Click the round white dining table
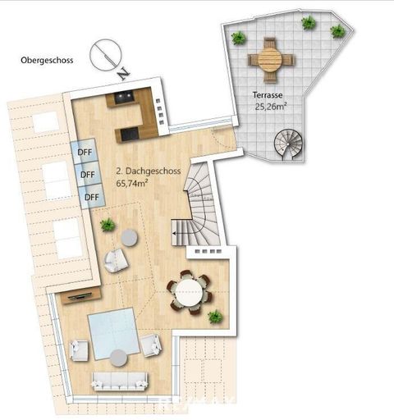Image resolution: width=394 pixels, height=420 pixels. (190, 291)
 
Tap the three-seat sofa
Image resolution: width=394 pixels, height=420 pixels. (120, 380)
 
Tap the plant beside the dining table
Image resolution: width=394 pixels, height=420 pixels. (215, 317)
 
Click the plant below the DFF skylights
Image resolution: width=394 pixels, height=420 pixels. (108, 224)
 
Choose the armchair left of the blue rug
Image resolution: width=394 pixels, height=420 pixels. (80, 349)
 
